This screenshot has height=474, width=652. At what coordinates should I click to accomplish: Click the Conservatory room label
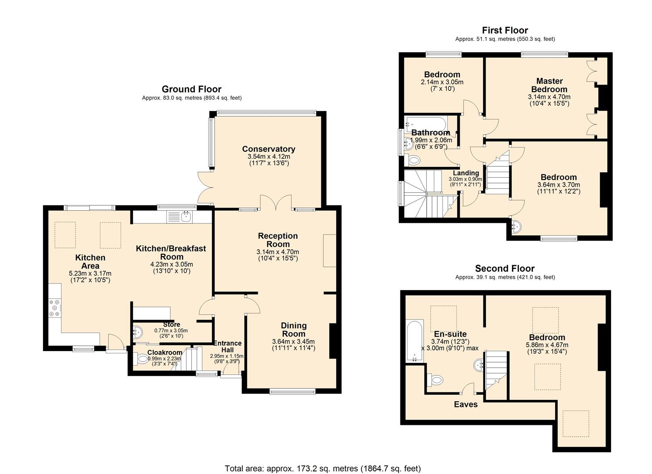click(x=268, y=149)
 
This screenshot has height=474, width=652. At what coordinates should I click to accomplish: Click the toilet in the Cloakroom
click(x=142, y=359)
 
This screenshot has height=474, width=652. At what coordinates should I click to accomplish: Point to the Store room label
click(x=171, y=324)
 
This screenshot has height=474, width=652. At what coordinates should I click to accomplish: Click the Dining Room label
click(x=293, y=330)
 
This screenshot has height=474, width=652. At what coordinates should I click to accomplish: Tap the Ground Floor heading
click(x=191, y=89)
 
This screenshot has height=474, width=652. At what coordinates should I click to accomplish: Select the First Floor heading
click(x=504, y=30)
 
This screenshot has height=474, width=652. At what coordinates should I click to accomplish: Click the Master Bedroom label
click(x=549, y=85)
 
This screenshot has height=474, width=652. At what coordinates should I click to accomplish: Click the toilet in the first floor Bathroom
click(x=413, y=161)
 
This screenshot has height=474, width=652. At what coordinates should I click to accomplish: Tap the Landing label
click(x=465, y=173)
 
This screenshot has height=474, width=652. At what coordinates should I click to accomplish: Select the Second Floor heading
click(x=504, y=269)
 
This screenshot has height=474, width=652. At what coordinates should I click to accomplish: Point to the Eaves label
click(x=465, y=404)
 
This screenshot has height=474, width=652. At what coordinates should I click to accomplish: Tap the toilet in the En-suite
click(x=436, y=380)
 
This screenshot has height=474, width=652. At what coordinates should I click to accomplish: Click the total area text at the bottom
click(x=322, y=468)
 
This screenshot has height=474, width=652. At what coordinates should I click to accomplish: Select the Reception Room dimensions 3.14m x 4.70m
click(x=277, y=252)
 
